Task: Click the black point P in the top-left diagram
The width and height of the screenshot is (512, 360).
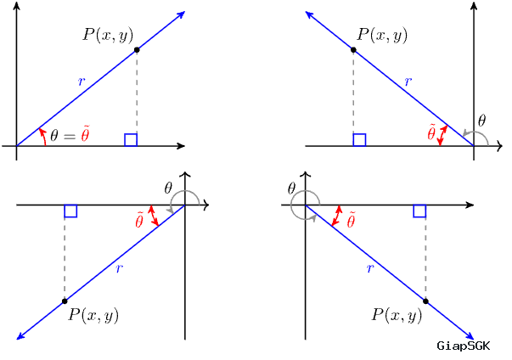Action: (137, 50)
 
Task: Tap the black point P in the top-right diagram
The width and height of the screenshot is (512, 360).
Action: (353, 50)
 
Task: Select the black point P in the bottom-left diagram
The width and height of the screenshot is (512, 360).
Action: (65, 301)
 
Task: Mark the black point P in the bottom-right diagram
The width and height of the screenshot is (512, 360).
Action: (425, 301)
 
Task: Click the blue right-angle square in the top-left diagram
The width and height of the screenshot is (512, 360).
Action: (131, 140)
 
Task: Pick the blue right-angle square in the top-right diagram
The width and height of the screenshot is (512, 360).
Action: (359, 140)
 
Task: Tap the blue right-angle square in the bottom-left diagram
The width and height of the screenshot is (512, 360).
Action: (70, 211)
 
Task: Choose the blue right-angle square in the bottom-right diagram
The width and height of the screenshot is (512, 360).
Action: (419, 211)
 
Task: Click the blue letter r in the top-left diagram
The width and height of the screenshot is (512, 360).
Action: (82, 82)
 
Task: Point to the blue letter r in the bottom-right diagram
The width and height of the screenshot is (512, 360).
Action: (370, 268)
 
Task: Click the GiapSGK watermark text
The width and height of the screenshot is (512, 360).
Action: (464, 346)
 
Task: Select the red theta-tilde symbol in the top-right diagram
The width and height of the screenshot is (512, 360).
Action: (431, 132)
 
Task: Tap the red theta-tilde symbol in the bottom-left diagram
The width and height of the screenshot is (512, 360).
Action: (139, 220)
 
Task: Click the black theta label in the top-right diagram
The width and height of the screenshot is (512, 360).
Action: (481, 121)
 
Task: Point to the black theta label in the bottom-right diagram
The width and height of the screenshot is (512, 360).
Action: (291, 188)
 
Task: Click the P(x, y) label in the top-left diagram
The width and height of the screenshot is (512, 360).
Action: (108, 35)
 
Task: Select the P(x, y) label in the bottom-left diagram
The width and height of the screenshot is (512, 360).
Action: (93, 315)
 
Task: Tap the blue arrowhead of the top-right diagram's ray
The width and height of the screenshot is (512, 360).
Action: (310, 14)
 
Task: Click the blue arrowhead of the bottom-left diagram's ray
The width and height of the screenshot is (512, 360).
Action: (21, 336)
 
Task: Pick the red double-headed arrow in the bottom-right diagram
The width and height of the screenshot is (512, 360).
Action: (336, 216)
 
